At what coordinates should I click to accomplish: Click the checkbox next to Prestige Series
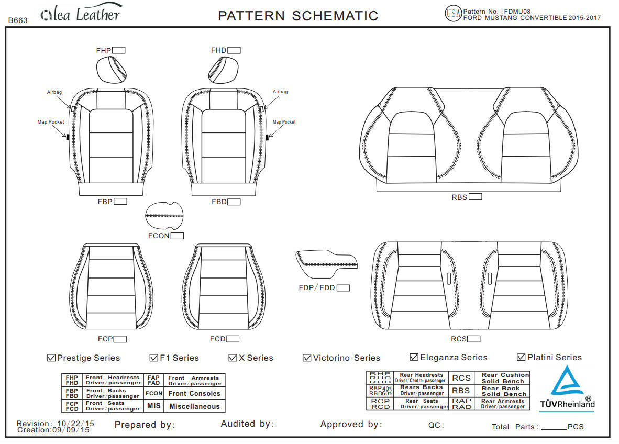[51, 358]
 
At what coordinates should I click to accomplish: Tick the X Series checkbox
[233, 358]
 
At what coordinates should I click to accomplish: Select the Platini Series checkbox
[521, 357]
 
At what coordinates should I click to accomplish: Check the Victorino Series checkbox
[307, 358]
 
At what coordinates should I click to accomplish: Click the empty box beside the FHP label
[119, 50]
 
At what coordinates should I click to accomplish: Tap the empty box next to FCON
[177, 236]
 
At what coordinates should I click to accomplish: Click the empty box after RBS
[475, 197]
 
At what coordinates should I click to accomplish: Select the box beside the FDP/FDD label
[343, 287]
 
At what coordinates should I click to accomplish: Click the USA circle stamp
[453, 14]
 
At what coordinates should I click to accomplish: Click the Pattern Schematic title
[297, 16]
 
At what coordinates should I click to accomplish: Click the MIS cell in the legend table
[154, 406]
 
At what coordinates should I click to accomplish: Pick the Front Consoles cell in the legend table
[194, 393]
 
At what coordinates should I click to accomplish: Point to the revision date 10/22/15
[75, 423]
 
